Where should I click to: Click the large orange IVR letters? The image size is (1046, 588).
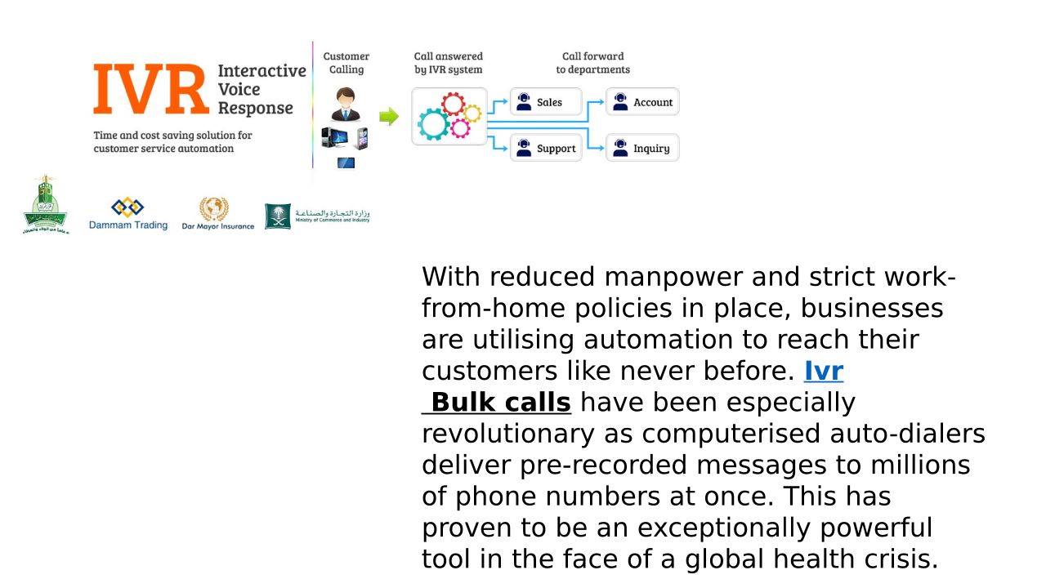pyautogui.click(x=151, y=90)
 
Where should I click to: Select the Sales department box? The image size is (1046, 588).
pyautogui.click(x=546, y=102)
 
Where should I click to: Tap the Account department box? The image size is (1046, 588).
pyautogui.click(x=642, y=102)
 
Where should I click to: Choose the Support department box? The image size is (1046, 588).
pyautogui.click(x=546, y=149)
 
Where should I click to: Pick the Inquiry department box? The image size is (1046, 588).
pyautogui.click(x=642, y=149)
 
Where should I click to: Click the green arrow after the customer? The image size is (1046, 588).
pyautogui.click(x=389, y=117)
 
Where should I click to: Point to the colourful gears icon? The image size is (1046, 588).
pyautogui.click(x=449, y=116)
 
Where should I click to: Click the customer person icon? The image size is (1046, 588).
pyautogui.click(x=346, y=105)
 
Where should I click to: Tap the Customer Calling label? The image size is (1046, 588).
pyautogui.click(x=346, y=63)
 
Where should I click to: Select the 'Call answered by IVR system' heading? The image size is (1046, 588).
pyautogui.click(x=449, y=63)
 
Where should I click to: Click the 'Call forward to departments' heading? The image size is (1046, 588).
pyautogui.click(x=593, y=63)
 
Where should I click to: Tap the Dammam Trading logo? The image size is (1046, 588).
pyautogui.click(x=128, y=214)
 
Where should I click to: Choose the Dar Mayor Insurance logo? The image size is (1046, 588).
pyautogui.click(x=217, y=214)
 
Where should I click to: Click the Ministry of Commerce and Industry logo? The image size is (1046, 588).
pyautogui.click(x=317, y=216)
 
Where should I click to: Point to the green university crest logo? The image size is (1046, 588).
pyautogui.click(x=46, y=205)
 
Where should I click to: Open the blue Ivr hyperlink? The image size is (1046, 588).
pyautogui.click(x=823, y=372)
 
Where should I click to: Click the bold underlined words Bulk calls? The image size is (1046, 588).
pyautogui.click(x=500, y=403)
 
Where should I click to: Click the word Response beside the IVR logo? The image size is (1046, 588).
pyautogui.click(x=255, y=109)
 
